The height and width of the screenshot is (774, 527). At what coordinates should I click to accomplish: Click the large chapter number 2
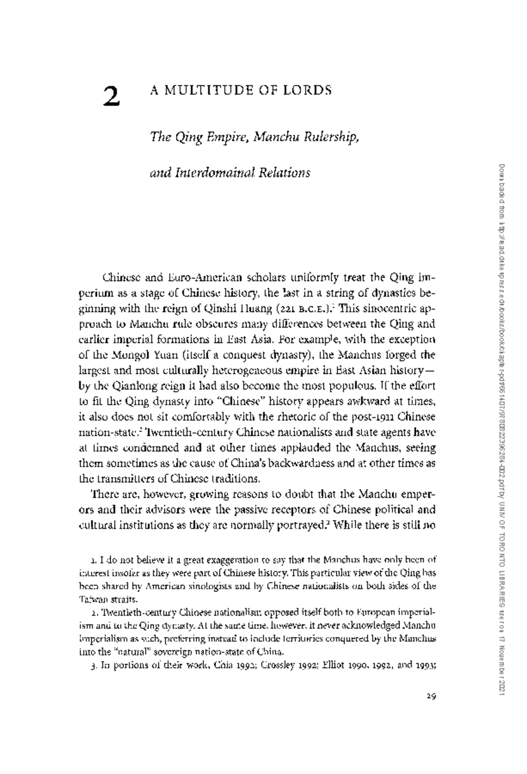pyautogui.click(x=112, y=96)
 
